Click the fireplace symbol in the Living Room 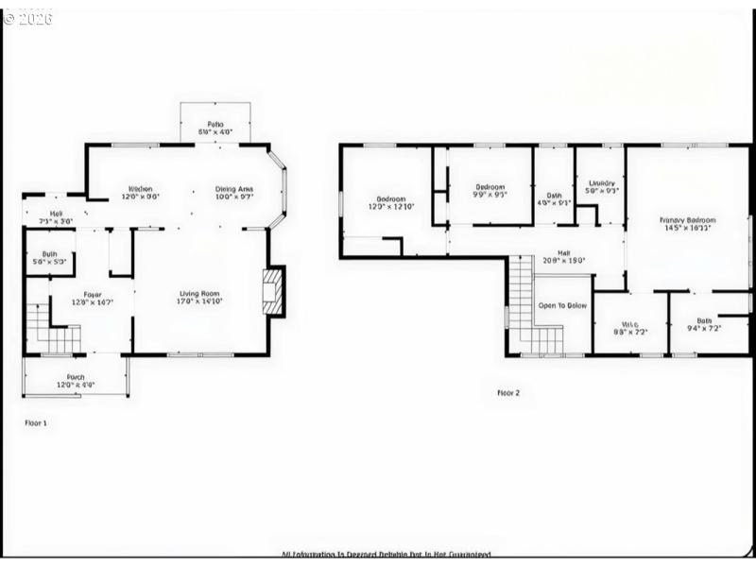click(x=272, y=290)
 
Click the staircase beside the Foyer click(x=50, y=327)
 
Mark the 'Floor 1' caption click(x=35, y=422)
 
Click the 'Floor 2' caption click(x=508, y=392)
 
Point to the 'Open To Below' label click(x=562, y=306)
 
